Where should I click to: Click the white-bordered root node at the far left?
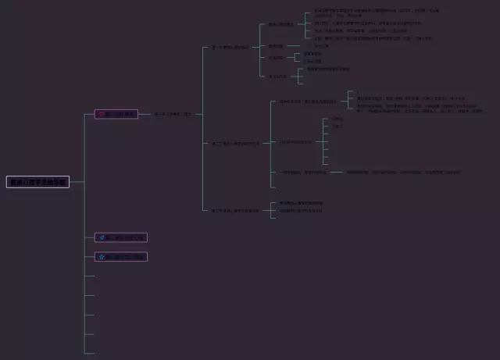click(x=37, y=182)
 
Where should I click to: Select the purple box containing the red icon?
click(x=116, y=114)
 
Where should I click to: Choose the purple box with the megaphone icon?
click(x=121, y=237)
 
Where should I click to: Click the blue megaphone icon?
click(x=102, y=237)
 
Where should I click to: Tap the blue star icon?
click(x=102, y=256)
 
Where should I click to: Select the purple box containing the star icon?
click(x=121, y=256)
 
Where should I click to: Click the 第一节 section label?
click(x=230, y=47)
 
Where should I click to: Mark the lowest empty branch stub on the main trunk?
click(x=90, y=353)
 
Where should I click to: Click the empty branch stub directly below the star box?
click(x=90, y=276)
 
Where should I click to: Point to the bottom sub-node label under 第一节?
click(x=277, y=76)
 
